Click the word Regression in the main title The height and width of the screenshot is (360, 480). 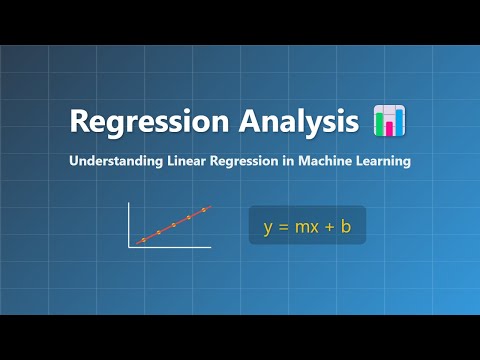(x=136, y=122)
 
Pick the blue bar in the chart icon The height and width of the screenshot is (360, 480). (x=398, y=122)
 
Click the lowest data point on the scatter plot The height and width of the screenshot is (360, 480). (x=143, y=240)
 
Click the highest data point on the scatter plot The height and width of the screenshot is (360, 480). (x=204, y=210)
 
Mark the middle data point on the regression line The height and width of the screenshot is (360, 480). (x=173, y=225)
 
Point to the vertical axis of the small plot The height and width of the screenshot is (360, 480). (x=129, y=223)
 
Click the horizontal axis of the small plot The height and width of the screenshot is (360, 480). (x=170, y=247)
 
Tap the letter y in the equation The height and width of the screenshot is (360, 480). (x=268, y=227)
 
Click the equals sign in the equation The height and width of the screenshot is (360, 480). (x=283, y=227)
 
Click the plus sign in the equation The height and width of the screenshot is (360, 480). (x=327, y=227)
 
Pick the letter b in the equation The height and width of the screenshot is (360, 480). (x=345, y=226)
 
